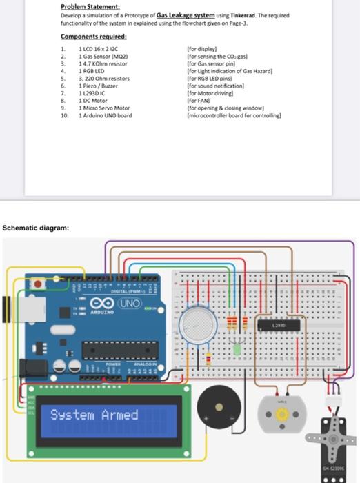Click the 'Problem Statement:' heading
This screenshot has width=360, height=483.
coord(90,6)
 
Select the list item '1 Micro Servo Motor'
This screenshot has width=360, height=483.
coord(105,108)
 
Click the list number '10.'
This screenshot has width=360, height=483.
coord(64,115)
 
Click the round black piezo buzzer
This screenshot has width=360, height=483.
coord(217,406)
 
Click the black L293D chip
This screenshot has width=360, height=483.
coord(278,324)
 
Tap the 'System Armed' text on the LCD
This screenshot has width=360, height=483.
coord(94,415)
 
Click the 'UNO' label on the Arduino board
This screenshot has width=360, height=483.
coord(129,304)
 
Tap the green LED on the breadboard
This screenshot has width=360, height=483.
coord(236,349)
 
